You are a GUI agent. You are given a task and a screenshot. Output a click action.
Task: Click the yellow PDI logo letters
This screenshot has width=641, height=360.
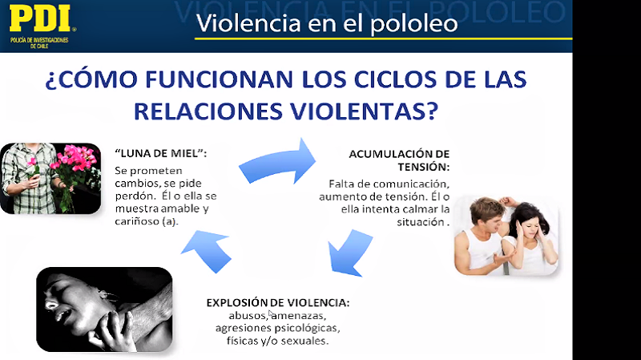coord(39,18)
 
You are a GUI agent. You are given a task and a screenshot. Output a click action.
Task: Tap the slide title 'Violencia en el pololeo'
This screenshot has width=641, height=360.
coord(327,23)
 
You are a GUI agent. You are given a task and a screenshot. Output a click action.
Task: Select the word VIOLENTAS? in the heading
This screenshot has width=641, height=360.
coord(365,111)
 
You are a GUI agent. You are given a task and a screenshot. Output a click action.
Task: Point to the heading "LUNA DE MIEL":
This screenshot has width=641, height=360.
coord(161,153)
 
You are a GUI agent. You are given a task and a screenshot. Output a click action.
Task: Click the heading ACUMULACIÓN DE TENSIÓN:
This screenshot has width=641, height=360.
coord(399,160)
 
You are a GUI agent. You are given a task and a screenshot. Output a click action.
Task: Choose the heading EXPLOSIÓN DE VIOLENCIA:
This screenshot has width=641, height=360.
coord(278,303)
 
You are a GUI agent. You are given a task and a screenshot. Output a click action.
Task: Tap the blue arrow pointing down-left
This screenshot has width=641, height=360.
coord(351,253)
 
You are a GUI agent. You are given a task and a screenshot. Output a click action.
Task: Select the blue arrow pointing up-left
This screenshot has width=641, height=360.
coord(208,250)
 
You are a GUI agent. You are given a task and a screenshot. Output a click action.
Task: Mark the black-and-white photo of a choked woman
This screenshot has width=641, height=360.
coord(104,309)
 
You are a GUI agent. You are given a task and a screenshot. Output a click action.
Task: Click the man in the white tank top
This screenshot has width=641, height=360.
coord(480,237)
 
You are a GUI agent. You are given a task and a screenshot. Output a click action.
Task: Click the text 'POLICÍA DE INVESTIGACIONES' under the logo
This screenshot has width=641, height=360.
coord(39,40)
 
